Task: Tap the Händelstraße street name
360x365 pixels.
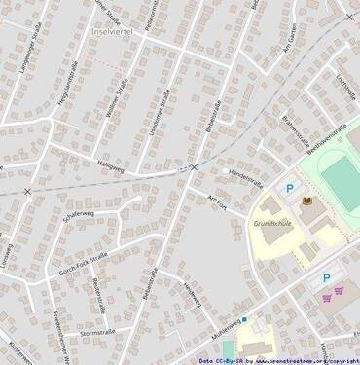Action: point(246,176)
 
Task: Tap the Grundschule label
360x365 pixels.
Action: point(272,224)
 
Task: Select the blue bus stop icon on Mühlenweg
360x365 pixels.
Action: point(244,318)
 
